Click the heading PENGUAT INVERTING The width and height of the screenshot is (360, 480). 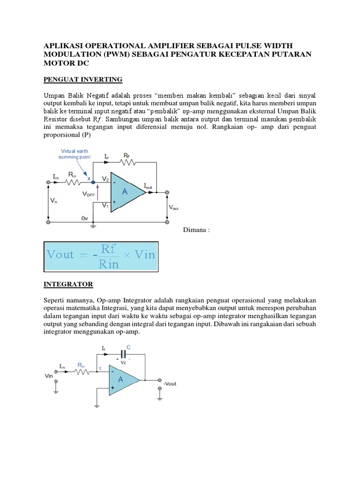coord(82,79)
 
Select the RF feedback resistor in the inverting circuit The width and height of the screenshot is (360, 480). coord(128,162)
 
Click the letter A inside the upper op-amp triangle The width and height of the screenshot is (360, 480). coord(125,191)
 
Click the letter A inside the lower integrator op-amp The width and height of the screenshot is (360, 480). coord(120,380)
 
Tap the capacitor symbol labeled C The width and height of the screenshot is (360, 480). coord(124,354)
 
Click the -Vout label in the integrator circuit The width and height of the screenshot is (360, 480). coord(169,383)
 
